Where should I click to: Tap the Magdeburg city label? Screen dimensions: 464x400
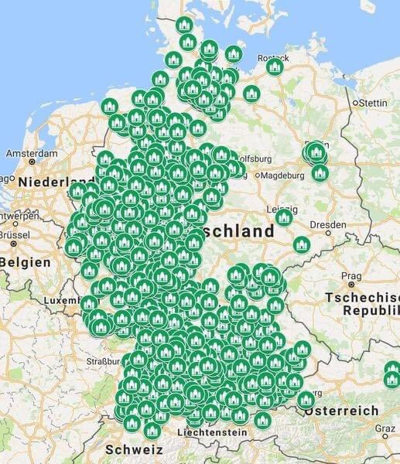coord(282,176)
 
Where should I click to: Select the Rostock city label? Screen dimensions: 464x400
coord(274,56)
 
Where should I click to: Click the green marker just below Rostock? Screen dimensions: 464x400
coord(274,68)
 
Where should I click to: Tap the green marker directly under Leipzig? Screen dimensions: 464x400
coord(284,218)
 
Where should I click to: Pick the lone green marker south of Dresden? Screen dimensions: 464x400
coord(302,244)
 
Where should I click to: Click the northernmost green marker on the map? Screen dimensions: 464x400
coord(185,25)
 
